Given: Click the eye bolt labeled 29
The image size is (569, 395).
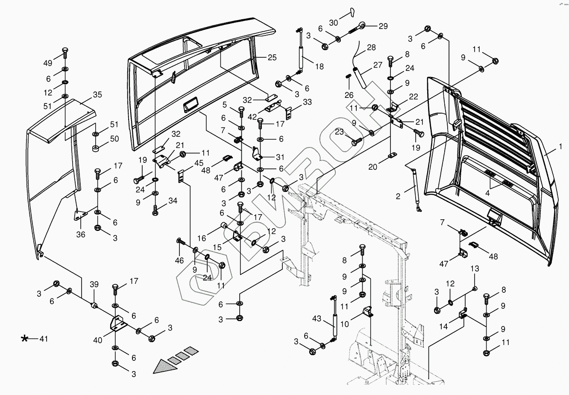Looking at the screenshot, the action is [x=357, y=28].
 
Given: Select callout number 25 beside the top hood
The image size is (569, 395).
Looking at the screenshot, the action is [x=272, y=57].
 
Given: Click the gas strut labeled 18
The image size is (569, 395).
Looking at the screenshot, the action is [x=300, y=51].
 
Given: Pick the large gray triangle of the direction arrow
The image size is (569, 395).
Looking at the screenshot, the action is [x=164, y=366].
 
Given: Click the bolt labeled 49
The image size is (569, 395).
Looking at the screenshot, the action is [x=65, y=53].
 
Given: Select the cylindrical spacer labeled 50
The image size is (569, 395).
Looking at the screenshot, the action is [x=96, y=149].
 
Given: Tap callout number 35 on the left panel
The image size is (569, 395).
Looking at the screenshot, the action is [x=97, y=94].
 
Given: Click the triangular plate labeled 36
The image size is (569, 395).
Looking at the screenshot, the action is [x=80, y=214].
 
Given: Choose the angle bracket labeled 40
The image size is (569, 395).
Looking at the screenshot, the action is [x=118, y=324].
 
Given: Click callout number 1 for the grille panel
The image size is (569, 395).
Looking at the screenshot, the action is [x=560, y=147].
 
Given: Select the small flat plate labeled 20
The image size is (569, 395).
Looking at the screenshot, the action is [x=393, y=155].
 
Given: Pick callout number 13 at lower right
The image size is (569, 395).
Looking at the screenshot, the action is [x=475, y=268].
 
